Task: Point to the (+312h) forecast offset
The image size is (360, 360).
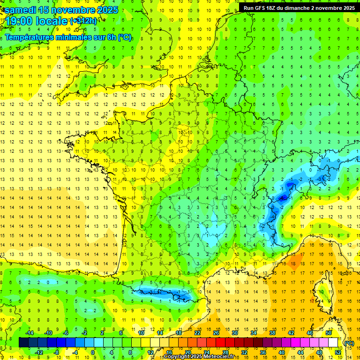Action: [x=83, y=21]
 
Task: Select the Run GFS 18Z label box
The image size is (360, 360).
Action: [x=299, y=8]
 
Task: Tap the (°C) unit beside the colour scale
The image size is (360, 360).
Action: [x=349, y=343]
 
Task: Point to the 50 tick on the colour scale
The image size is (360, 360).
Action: [x=328, y=333]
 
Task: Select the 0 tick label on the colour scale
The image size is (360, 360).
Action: [x=93, y=352]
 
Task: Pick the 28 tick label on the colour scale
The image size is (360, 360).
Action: [x=225, y=352]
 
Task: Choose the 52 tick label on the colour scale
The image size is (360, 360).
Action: [x=338, y=352]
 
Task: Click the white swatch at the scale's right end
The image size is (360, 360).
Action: [x=333, y=342]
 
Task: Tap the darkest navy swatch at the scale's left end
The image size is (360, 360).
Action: [x=23, y=342]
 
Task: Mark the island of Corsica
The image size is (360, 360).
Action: [x=323, y=293]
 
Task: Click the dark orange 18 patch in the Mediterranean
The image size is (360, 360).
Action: [x=295, y=261]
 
